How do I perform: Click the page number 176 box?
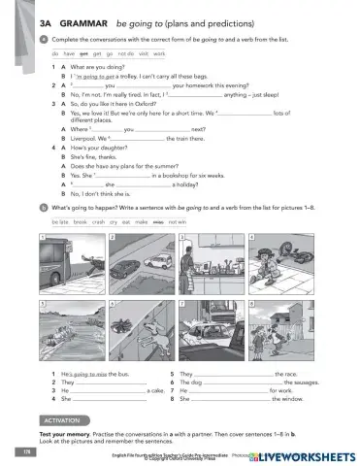pyautogui.click(x=22, y=451)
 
